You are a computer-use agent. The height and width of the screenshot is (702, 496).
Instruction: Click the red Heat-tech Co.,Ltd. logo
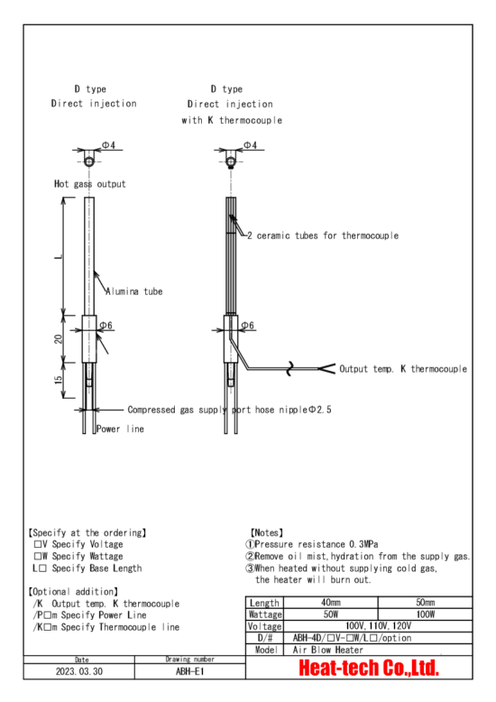(369, 668)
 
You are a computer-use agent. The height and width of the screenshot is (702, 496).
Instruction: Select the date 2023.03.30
(79, 671)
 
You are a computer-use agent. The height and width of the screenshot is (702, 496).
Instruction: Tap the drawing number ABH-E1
(189, 671)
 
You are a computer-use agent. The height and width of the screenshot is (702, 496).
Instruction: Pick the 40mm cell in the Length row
(330, 603)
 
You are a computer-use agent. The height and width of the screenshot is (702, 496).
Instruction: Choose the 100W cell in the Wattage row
(426, 614)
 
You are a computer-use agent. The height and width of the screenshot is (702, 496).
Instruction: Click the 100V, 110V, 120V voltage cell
(378, 626)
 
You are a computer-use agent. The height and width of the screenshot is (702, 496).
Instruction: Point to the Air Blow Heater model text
(328, 650)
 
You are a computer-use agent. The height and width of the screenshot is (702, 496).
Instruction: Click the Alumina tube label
(133, 291)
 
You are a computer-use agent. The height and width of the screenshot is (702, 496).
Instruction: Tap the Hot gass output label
(90, 184)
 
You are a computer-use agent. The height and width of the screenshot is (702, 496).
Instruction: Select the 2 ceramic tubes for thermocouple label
(323, 236)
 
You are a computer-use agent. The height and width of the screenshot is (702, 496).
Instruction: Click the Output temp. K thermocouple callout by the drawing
(403, 369)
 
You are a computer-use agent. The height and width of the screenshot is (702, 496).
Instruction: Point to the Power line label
(121, 429)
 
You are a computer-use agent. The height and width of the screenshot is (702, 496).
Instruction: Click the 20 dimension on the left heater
(59, 338)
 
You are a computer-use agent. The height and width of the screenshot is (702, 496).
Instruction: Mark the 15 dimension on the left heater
(59, 380)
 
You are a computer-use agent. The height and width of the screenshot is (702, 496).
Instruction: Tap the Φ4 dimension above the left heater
(108, 145)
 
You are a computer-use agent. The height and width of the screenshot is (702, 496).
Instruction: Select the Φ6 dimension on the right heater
(248, 326)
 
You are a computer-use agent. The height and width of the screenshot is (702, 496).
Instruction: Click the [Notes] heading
(267, 532)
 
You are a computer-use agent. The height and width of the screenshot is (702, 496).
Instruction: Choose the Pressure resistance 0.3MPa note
(312, 544)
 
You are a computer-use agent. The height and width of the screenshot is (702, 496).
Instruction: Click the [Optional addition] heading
(73, 592)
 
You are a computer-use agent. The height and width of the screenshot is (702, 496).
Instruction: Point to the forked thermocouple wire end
(326, 369)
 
